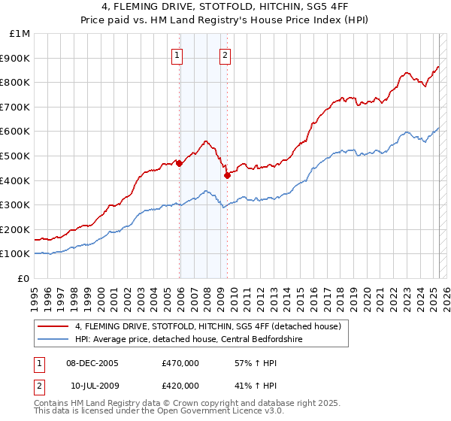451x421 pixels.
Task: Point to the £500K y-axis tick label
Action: tap(17, 156)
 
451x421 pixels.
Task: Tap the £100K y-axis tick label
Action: tap(17, 254)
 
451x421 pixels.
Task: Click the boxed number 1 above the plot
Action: tap(177, 54)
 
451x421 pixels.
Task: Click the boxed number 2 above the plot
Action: tap(225, 54)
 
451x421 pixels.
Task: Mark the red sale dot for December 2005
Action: tap(179, 163)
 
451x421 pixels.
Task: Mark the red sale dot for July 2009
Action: tap(227, 175)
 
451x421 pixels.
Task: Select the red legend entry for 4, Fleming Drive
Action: tap(207, 326)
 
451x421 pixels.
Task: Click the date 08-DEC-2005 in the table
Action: tap(93, 363)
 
